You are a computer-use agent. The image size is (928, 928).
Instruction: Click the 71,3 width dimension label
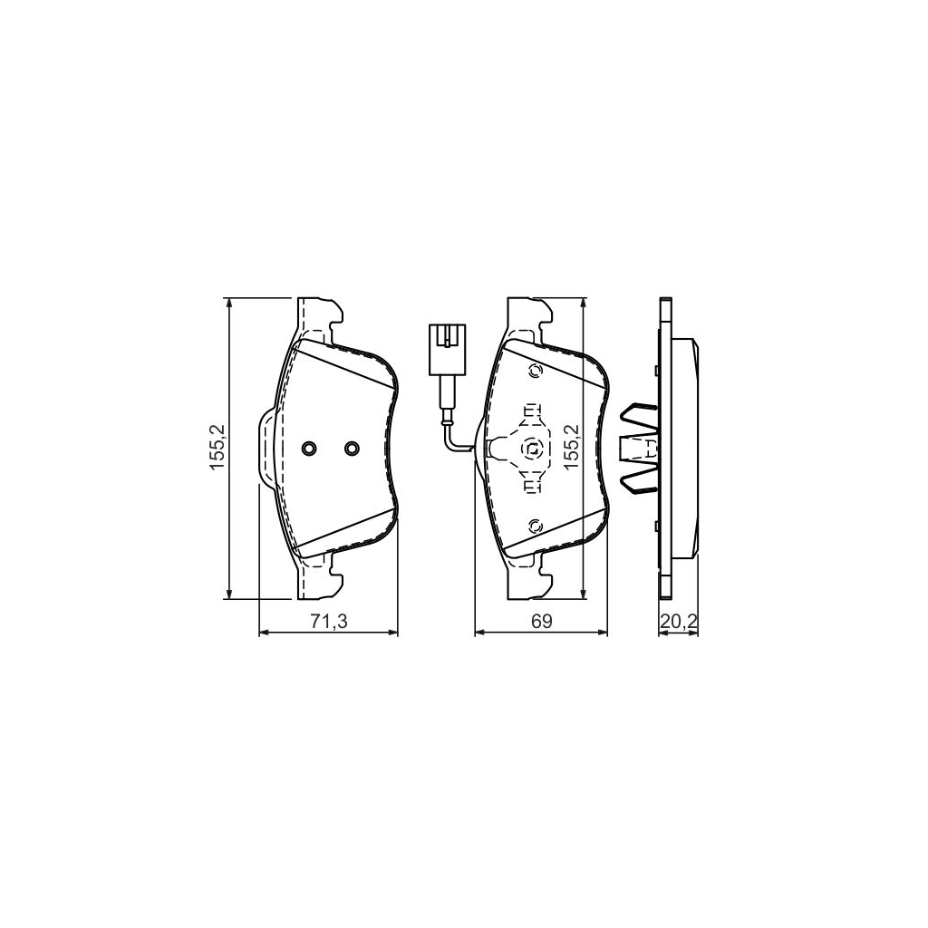(x=328, y=621)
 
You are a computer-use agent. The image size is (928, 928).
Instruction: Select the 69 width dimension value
(x=541, y=621)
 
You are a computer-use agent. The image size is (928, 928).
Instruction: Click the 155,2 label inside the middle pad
(x=571, y=448)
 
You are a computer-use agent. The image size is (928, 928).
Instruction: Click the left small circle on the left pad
(x=310, y=448)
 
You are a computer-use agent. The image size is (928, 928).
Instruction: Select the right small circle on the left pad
(x=352, y=448)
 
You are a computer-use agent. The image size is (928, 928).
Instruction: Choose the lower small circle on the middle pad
(x=534, y=525)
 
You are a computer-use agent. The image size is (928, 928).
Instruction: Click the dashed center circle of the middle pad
(x=533, y=448)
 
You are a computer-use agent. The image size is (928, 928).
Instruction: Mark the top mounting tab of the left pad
(x=320, y=317)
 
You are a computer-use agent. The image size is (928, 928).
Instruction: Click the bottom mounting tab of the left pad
(x=320, y=580)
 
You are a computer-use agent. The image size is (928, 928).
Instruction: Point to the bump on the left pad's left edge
(x=266, y=448)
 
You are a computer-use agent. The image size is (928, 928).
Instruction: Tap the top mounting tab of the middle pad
(x=530, y=317)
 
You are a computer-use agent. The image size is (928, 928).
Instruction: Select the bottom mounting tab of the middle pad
(x=530, y=580)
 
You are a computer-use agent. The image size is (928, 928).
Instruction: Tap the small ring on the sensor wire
(x=446, y=419)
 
